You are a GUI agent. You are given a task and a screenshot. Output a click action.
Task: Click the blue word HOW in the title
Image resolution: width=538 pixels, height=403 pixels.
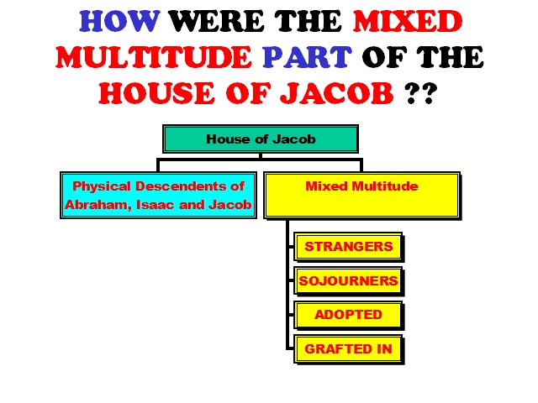coord(119,21)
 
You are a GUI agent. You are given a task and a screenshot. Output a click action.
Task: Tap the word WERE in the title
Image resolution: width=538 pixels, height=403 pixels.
coord(217,21)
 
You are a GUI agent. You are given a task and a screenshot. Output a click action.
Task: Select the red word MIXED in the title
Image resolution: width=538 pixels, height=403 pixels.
coord(408,21)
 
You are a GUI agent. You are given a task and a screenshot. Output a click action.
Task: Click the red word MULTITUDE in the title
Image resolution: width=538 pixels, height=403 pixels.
coord(153,57)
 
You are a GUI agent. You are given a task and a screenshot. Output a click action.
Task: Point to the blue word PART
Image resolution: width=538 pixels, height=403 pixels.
coord(307,57)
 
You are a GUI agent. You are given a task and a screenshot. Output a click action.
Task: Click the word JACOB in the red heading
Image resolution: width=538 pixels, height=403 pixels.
coord(336,93)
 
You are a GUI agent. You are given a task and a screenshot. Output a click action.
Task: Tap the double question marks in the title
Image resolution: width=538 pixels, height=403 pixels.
coord(420,93)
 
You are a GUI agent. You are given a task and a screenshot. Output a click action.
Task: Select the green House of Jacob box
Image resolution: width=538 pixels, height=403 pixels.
coord(261,139)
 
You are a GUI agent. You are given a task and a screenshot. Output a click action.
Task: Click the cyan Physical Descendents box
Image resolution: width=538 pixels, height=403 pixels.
coord(159,196)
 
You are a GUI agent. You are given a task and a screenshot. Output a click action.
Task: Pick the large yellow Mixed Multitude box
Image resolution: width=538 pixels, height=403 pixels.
coord(362,196)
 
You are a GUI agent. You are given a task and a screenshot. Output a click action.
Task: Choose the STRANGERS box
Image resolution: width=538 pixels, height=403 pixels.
coord(349,247)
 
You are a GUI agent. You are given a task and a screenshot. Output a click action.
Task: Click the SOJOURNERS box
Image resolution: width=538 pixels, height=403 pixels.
coord(349,281)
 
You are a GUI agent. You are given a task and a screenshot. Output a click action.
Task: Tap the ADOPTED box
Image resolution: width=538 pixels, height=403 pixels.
coord(349,315)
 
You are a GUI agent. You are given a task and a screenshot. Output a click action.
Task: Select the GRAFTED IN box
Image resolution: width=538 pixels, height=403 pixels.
coord(349,349)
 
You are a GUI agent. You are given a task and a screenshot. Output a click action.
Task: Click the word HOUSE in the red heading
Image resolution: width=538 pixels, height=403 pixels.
coord(156,93)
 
